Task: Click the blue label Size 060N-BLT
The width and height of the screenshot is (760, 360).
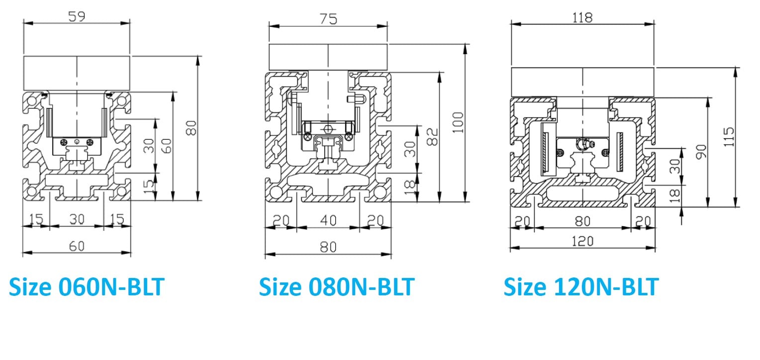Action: [86, 287]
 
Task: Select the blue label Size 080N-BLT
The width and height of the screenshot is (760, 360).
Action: [336, 287]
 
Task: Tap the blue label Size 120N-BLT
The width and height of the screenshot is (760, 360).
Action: [581, 287]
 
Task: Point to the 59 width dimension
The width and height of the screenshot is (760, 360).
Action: [76, 16]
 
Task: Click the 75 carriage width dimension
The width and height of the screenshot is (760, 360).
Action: [328, 18]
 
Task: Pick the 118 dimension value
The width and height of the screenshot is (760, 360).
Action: [582, 17]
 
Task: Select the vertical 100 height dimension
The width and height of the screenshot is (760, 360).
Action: [459, 122]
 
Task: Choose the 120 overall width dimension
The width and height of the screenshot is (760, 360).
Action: [582, 241]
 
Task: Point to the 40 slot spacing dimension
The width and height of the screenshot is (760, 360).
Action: [328, 220]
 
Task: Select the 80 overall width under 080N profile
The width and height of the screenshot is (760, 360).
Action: [328, 247]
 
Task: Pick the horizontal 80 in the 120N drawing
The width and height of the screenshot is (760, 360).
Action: [582, 220]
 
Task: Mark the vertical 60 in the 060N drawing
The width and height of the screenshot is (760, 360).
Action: [167, 146]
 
